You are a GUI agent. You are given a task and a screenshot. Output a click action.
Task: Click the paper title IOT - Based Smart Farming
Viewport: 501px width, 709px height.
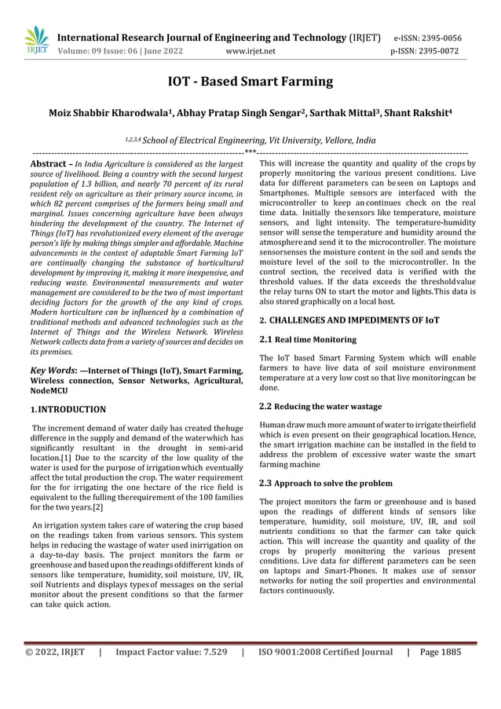[x=251, y=82]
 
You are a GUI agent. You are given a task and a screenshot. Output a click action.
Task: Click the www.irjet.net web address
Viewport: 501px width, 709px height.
[x=250, y=52]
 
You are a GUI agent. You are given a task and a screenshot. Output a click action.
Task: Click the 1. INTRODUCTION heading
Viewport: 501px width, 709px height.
[x=68, y=409]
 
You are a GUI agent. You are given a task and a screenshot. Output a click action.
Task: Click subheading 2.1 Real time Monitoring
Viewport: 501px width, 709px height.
[x=308, y=340]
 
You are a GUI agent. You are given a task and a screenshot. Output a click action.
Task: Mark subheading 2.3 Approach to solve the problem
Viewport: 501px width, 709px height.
[x=326, y=484]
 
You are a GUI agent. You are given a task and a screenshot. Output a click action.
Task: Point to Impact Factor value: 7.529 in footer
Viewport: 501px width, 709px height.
[x=171, y=673]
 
